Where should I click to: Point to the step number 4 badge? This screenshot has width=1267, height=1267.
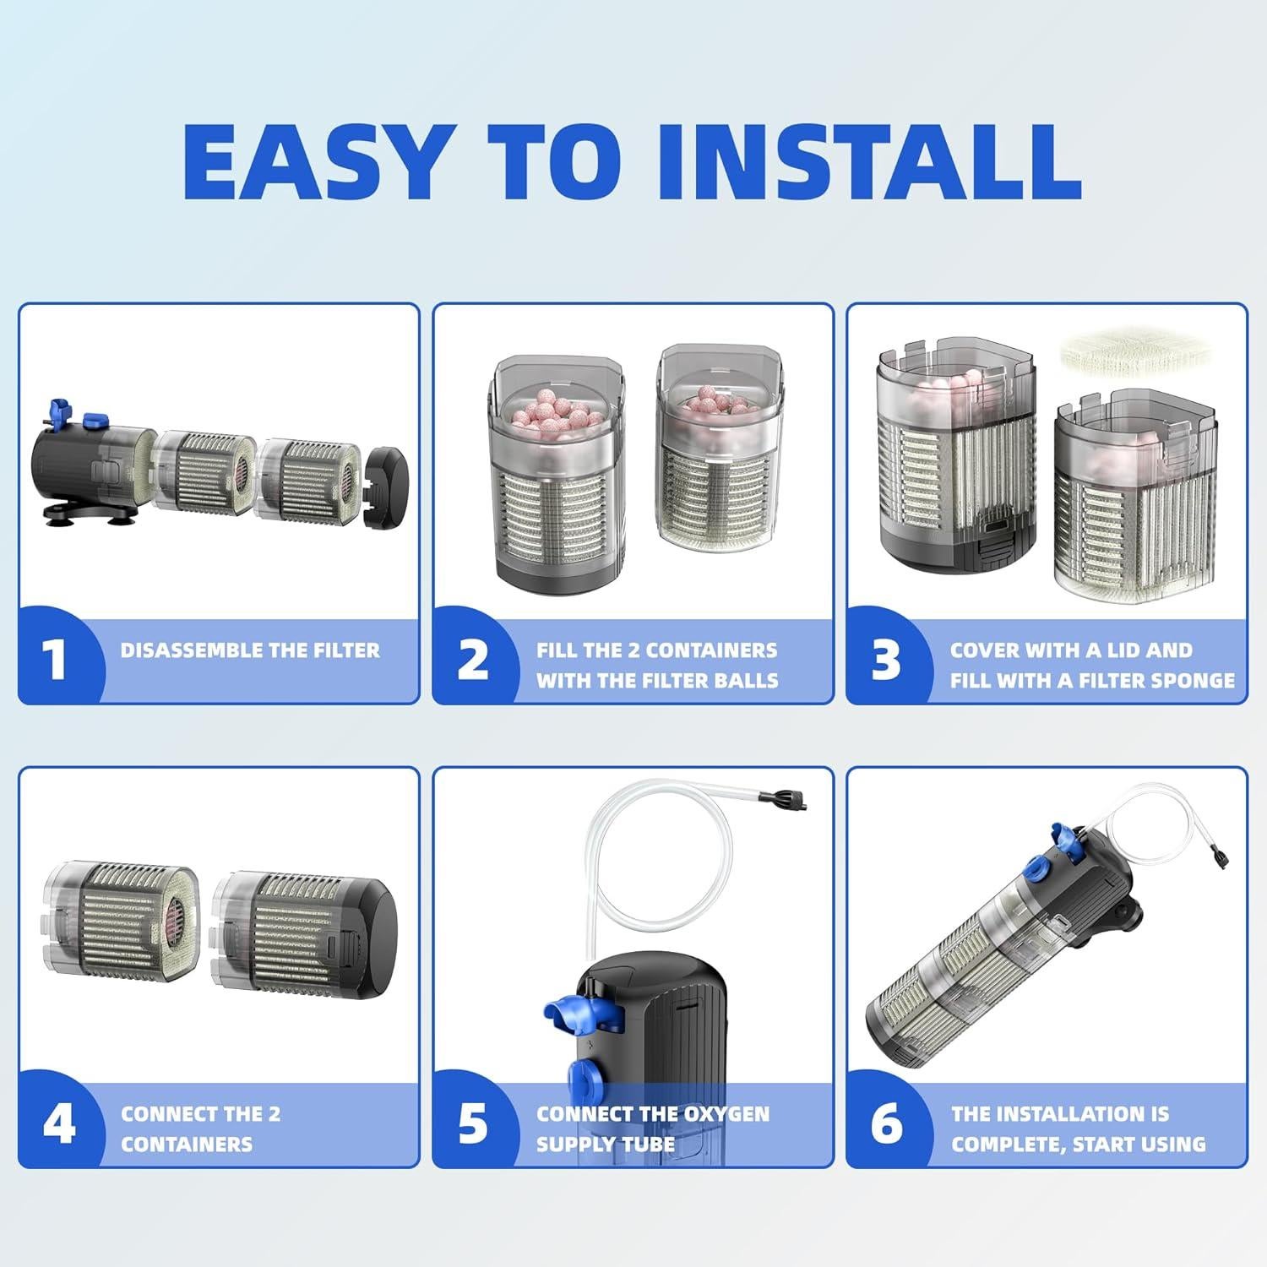[x=57, y=1124]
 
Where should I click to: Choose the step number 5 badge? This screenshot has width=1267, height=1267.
[x=472, y=1124]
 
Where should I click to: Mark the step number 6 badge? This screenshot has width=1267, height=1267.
[x=886, y=1124]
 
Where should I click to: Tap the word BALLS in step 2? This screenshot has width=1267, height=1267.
[x=747, y=681]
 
